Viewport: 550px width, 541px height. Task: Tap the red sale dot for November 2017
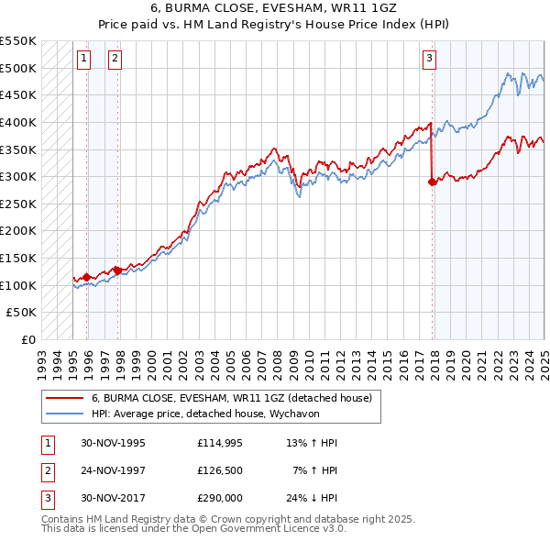[x=432, y=182]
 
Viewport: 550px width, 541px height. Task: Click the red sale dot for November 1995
[x=87, y=276]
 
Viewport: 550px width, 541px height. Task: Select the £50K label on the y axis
[x=22, y=313]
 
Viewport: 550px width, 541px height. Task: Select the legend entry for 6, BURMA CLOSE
[x=231, y=399]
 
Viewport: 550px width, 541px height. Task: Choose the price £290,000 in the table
[x=220, y=500]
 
